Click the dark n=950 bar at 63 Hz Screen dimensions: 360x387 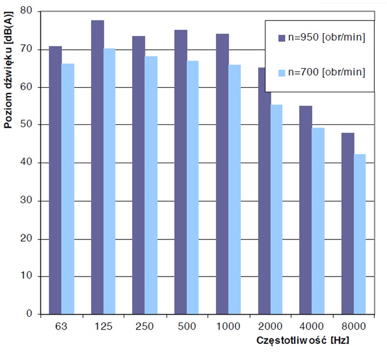coord(55,180)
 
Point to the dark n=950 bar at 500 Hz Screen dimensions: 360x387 coord(180,172)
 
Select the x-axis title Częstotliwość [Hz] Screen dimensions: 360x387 coord(302,340)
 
